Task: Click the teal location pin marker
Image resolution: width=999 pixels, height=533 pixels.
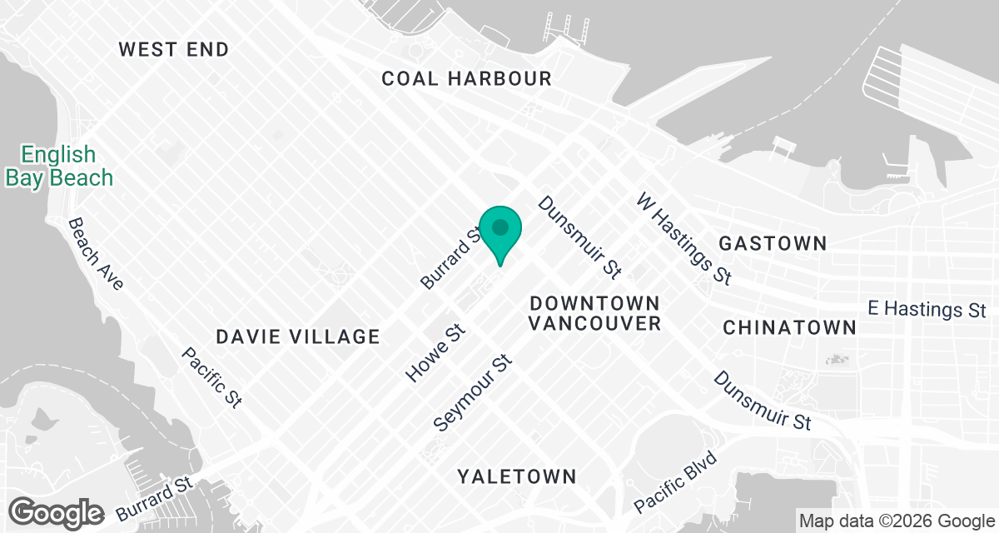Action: click(x=500, y=232)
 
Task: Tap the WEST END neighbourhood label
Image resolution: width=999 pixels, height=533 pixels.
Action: click(x=173, y=49)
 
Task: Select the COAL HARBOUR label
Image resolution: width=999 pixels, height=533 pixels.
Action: click(x=466, y=79)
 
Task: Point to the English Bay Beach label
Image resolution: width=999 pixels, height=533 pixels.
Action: click(x=58, y=166)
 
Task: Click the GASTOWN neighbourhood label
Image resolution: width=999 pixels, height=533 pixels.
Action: click(x=773, y=243)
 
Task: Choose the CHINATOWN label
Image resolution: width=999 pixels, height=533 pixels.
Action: click(x=789, y=327)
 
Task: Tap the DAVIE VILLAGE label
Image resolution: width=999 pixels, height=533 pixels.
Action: click(x=297, y=336)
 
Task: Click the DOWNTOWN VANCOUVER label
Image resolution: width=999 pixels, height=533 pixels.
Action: click(x=594, y=313)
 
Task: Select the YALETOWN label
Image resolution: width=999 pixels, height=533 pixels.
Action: click(x=516, y=476)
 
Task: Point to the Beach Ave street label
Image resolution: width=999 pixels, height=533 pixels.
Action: click(x=96, y=254)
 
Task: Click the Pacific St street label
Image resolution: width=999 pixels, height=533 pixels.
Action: click(x=211, y=377)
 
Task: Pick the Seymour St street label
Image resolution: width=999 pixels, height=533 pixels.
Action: click(x=471, y=395)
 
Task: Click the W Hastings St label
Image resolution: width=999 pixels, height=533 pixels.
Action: click(x=683, y=238)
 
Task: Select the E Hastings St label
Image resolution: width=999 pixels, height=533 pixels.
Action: click(x=926, y=309)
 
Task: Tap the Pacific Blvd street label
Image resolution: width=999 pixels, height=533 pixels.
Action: click(x=675, y=482)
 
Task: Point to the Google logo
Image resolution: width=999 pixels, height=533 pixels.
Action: click(x=57, y=512)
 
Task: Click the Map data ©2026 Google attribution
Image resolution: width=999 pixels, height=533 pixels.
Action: click(x=896, y=521)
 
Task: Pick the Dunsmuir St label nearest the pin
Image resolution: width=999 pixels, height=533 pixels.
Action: click(x=580, y=237)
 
